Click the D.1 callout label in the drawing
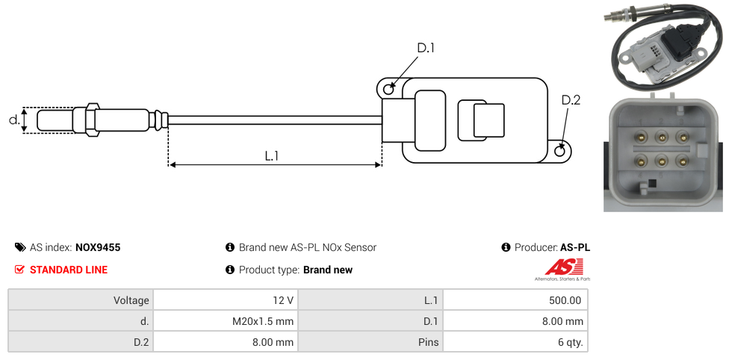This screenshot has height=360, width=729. pyautogui.click(x=426, y=48)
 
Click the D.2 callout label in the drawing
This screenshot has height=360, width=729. pyautogui.click(x=570, y=100)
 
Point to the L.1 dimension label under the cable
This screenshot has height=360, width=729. pyautogui.click(x=272, y=155)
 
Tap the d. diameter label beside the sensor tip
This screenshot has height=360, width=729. pyautogui.click(x=14, y=120)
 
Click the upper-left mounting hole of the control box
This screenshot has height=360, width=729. pyautogui.click(x=388, y=90)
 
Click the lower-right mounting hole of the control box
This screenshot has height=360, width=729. pyautogui.click(x=561, y=152)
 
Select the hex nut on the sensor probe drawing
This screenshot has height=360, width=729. pyautogui.click(x=92, y=120)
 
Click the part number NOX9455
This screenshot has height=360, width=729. pyautogui.click(x=98, y=247)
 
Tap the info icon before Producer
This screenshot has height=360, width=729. pyautogui.click(x=506, y=247)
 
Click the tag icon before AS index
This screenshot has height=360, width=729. pyautogui.click(x=20, y=247)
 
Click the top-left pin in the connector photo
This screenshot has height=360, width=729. pyautogui.click(x=641, y=137)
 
